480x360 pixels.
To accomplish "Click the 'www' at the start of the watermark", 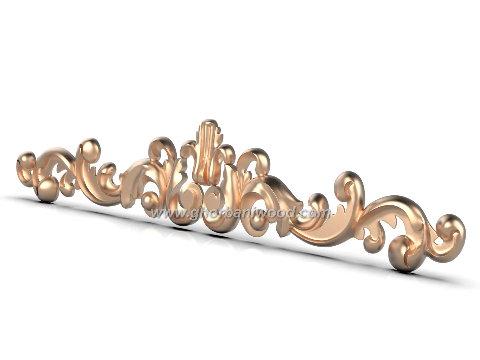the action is [x=164, y=213].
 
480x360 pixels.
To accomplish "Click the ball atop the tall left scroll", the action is [x=91, y=148].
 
